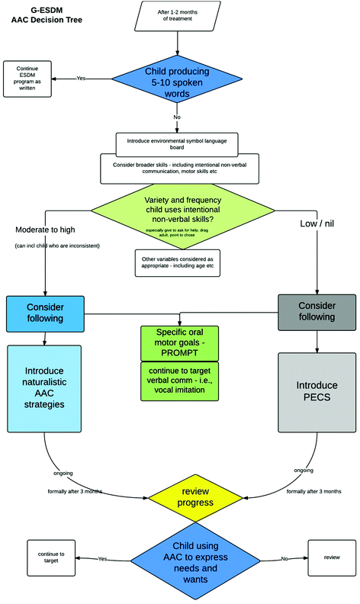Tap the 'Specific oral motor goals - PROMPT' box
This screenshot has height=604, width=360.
(178, 339)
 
